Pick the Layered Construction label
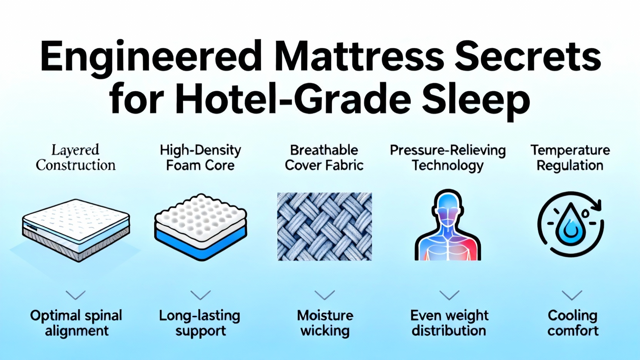(x=76, y=158)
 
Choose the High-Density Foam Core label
(x=200, y=158)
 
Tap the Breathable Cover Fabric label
(x=324, y=158)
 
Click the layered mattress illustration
(x=76, y=230)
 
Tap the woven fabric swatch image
(x=324, y=226)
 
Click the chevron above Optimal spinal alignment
(x=76, y=295)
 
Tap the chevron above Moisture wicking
(x=324, y=295)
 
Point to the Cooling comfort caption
(x=573, y=323)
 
